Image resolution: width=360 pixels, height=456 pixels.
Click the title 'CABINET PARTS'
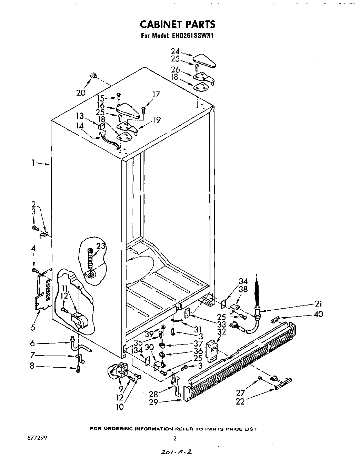click(178, 24)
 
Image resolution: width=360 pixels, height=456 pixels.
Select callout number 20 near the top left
click(80, 92)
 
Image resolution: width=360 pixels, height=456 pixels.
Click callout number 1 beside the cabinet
click(33, 163)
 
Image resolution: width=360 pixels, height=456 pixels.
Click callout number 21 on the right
click(318, 304)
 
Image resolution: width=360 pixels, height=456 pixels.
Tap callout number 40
click(319, 314)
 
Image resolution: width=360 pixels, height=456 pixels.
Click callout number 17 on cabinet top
click(156, 94)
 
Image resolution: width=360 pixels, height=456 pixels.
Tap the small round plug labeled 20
click(92, 76)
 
